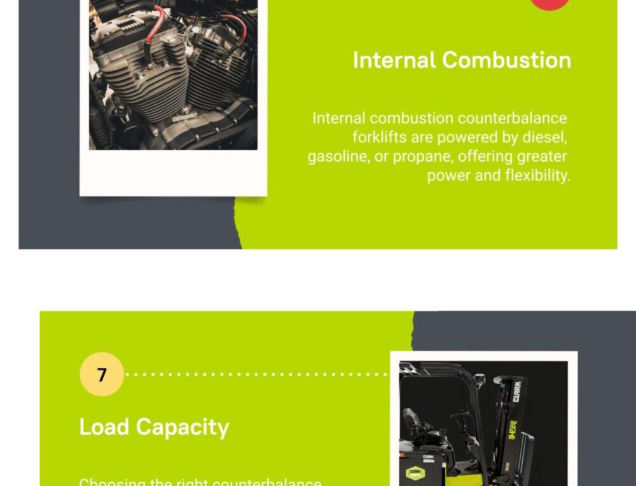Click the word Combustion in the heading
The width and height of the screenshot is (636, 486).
coord(506,60)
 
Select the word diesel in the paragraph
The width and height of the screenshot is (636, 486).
coord(545,137)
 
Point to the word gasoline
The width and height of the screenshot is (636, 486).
coord(337,156)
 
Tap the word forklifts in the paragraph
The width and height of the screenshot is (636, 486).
coord(380,137)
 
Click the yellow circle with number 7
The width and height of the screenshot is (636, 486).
coord(102,374)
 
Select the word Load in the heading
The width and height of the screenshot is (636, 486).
coord(104,427)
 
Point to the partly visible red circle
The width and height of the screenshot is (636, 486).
coord(550,4)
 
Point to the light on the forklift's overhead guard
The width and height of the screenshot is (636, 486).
coord(478,381)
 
